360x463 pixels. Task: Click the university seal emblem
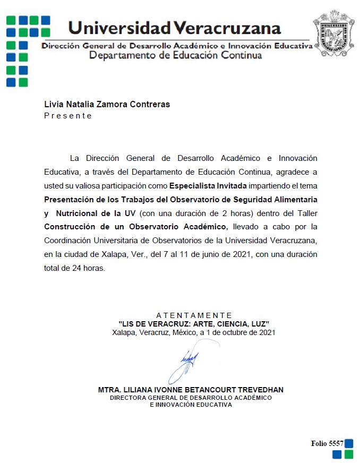pos(333,33)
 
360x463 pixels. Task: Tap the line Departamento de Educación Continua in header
pos(175,55)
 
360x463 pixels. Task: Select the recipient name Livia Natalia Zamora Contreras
pos(107,104)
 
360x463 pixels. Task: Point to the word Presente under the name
pos(68,116)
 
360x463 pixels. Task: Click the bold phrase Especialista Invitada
pos(208,186)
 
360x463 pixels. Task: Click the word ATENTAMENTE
pos(194,315)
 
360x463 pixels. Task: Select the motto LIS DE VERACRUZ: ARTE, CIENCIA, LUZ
pos(194,323)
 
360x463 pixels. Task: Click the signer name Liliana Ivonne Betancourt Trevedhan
pos(191,390)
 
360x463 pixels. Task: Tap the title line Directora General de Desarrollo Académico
pos(191,397)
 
